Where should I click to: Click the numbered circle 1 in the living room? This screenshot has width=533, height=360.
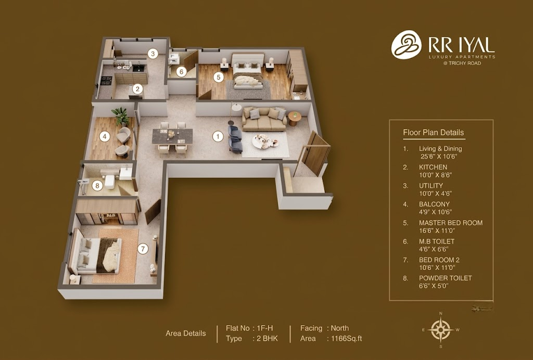click(x=218, y=136)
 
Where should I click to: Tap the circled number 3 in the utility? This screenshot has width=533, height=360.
click(x=153, y=53)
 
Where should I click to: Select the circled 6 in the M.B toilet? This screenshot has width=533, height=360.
click(x=182, y=72)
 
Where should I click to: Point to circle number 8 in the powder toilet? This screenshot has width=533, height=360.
click(x=97, y=185)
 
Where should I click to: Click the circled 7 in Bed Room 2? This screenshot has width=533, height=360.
click(x=143, y=249)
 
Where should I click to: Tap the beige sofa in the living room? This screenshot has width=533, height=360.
click(x=264, y=119)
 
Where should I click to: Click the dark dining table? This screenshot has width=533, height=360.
click(x=172, y=136)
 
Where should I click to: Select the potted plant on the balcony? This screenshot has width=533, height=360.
click(x=121, y=116)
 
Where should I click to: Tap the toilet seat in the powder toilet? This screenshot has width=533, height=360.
click(x=110, y=182)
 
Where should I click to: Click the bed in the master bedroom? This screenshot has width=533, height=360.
click(x=248, y=71)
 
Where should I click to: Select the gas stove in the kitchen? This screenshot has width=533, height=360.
click(x=106, y=81)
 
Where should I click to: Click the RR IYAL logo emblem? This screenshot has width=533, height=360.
click(x=406, y=45)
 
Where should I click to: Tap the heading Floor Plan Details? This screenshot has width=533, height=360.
click(x=434, y=133)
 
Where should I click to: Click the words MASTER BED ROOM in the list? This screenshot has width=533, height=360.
click(x=451, y=223)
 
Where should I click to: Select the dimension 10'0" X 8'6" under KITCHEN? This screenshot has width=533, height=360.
click(x=436, y=175)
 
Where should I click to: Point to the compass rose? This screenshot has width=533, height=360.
click(x=440, y=329)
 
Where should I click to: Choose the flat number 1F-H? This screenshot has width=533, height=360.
click(x=265, y=328)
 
